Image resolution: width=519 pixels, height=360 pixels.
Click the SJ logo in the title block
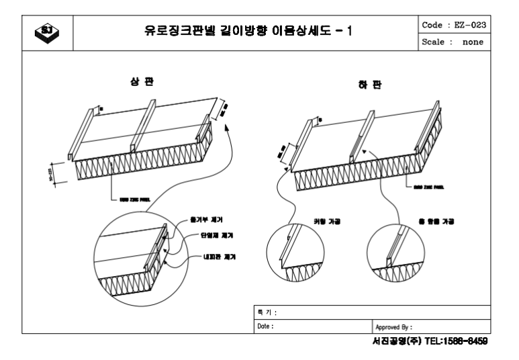pos(46,31)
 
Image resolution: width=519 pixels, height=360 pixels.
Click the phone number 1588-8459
pos(458,341)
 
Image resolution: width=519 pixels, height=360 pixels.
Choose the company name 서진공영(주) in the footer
pos(399,341)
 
